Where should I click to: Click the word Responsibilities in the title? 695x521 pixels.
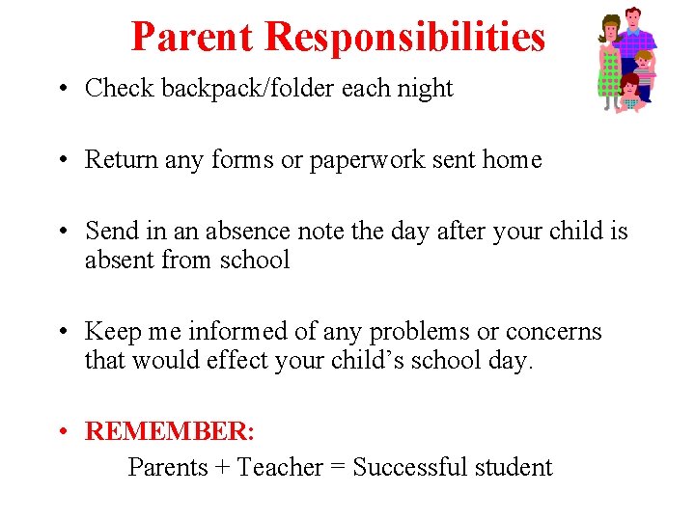[x=404, y=37]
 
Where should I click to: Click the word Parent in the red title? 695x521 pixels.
[x=193, y=37]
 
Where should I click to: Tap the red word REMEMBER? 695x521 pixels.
[x=168, y=431]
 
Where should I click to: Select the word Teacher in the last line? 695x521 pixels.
[x=280, y=468]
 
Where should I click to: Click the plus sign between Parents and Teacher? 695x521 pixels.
[x=222, y=468]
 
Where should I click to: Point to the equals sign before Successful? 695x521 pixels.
[x=338, y=468]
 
